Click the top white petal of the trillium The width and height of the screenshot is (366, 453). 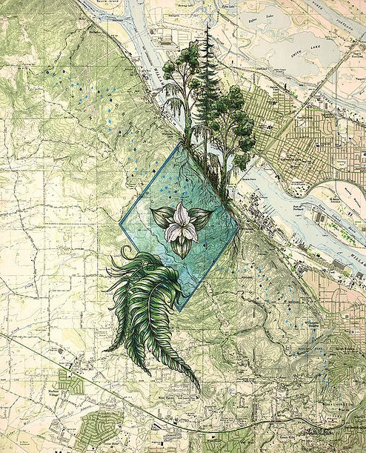(181, 213)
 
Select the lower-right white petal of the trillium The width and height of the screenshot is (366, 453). (190, 231)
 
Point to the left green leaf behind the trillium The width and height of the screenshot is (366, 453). (162, 217)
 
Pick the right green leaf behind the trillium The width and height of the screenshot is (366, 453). (200, 216)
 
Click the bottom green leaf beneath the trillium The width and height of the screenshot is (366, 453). (182, 247)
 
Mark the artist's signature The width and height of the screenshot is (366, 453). (316, 429)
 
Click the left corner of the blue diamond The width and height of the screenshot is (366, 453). (121, 222)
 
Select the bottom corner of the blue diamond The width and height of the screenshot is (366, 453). (177, 309)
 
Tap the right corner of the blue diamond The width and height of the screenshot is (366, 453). (239, 226)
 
